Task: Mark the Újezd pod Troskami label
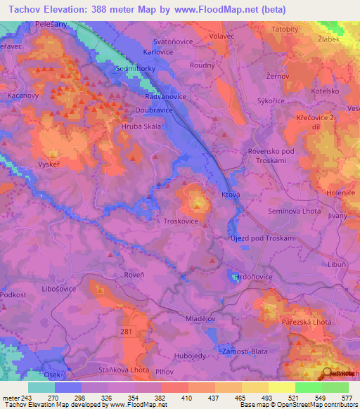[x=264, y=238]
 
